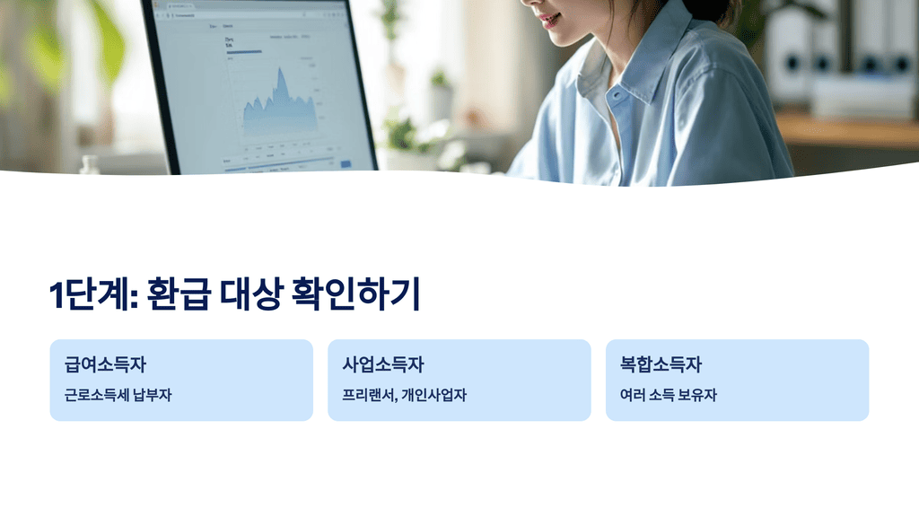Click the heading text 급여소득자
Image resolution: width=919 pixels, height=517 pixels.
[x=105, y=365]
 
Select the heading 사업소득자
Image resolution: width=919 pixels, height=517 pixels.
[x=383, y=365]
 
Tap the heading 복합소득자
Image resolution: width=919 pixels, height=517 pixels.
[x=661, y=365]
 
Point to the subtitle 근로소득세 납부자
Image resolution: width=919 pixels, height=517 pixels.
[x=118, y=395]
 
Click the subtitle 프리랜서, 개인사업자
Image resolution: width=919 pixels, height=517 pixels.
[x=405, y=395]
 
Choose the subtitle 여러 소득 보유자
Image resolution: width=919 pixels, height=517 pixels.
[x=669, y=395]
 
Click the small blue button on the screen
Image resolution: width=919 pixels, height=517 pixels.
[x=346, y=164]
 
